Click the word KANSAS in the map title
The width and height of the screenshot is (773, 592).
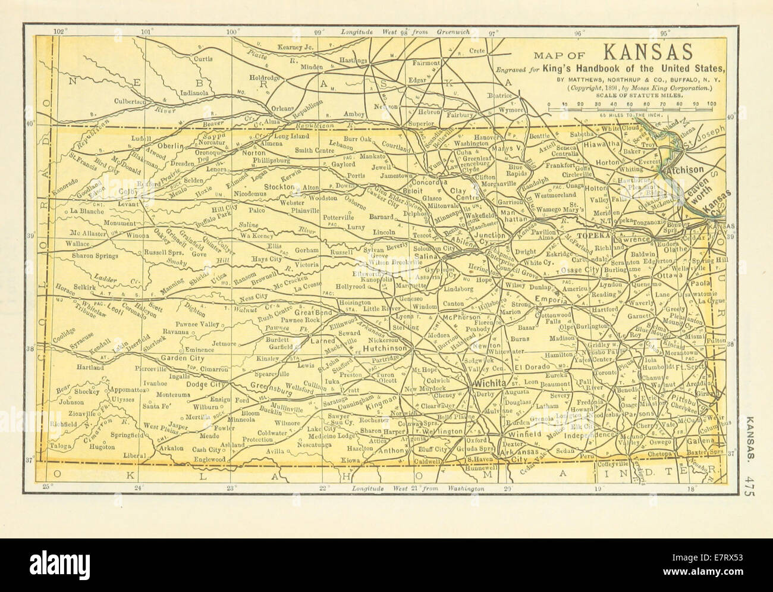648,53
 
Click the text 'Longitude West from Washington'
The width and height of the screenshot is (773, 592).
410,488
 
